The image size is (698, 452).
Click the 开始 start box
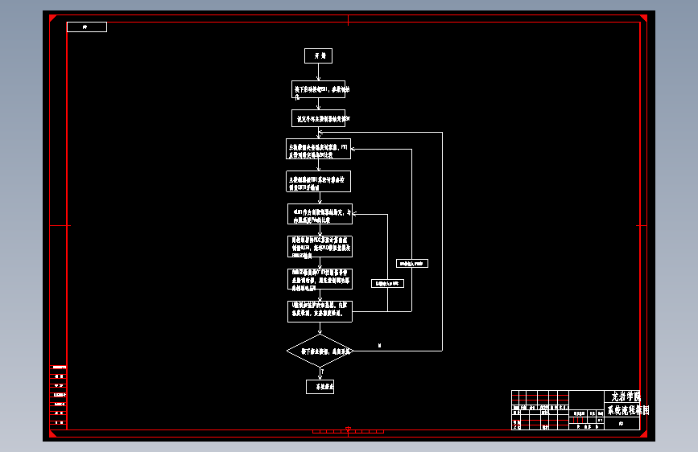(318, 55)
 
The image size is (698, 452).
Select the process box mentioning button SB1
(318, 89)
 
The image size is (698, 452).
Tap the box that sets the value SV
(318, 118)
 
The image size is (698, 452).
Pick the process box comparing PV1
(319, 149)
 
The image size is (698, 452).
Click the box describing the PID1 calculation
(319, 181)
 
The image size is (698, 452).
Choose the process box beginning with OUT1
(320, 213)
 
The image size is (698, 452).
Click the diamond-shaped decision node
(320, 351)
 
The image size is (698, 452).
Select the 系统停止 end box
(320, 387)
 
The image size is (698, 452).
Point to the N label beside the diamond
(380, 346)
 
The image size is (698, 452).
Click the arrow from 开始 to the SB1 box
(318, 72)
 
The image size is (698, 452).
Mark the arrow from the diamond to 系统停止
(320, 374)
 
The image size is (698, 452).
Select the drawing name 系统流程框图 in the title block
(626, 409)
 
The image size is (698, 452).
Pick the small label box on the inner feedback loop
(387, 283)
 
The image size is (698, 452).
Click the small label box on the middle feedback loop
(412, 263)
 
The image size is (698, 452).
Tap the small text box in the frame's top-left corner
(86, 27)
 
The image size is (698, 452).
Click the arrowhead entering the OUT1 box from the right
(355, 214)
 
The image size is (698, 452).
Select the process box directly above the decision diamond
(320, 311)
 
